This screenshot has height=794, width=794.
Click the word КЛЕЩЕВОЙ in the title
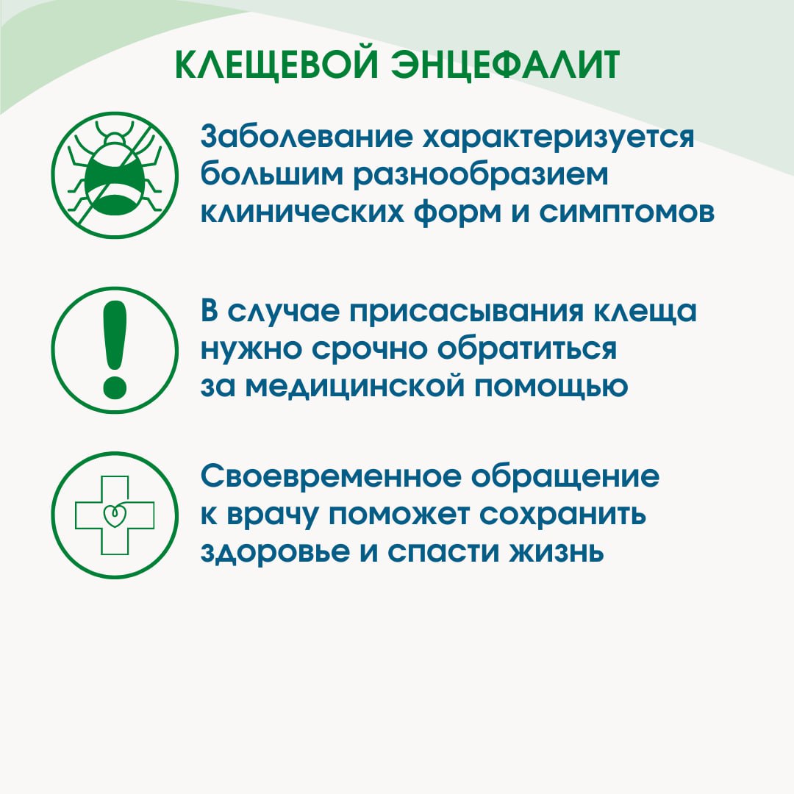pos(277,65)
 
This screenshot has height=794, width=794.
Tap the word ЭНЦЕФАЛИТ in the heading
pos(506,65)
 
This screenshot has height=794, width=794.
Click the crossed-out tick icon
pos(115,175)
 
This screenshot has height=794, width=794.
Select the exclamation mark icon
pos(115,351)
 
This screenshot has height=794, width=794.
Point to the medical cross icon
pos(115,515)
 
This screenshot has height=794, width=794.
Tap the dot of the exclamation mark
pos(115,387)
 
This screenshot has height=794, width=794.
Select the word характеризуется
pos(559,137)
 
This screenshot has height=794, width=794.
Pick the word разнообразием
pos(480,176)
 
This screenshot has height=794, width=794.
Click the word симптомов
pos(626,212)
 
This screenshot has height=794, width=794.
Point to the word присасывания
pos(466,312)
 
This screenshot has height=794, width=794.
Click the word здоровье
pos(275,553)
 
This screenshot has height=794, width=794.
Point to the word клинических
pos(302,212)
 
